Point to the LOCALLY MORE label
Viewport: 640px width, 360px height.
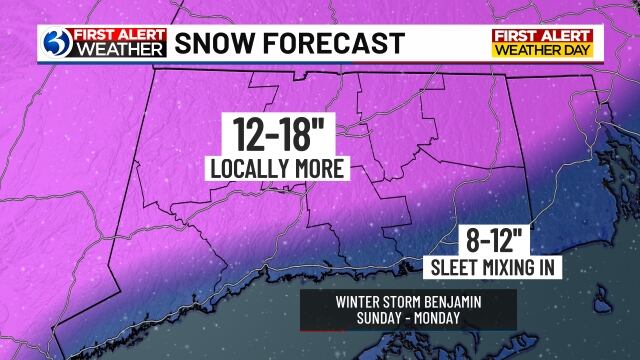coord(278,168)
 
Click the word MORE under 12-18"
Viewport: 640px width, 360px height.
coord(316,168)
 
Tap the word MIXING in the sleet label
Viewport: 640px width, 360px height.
coord(502,268)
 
